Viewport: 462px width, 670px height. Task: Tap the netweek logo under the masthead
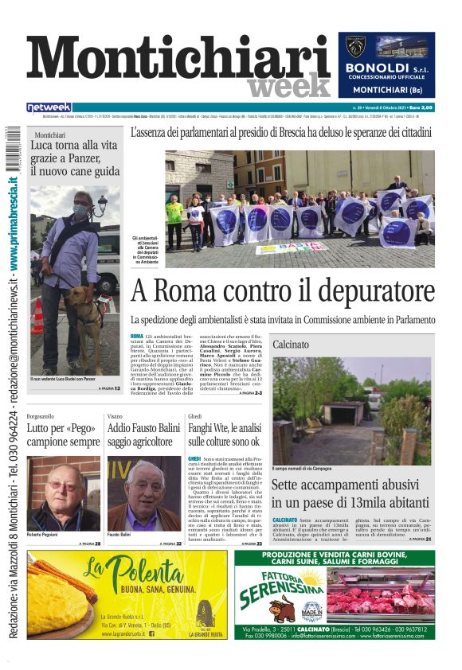coord(49,107)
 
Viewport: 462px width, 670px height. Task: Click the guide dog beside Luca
coord(88,315)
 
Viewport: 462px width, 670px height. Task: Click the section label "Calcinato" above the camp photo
coord(291,345)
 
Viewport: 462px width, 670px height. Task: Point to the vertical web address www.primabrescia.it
coord(14,217)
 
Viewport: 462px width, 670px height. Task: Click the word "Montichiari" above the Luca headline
coord(49,135)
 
